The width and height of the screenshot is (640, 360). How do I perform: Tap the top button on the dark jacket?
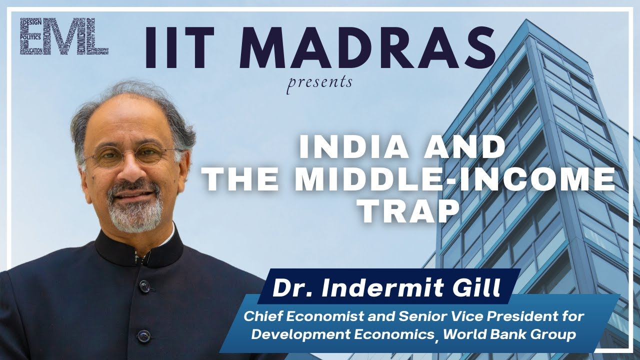coord(145,286)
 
